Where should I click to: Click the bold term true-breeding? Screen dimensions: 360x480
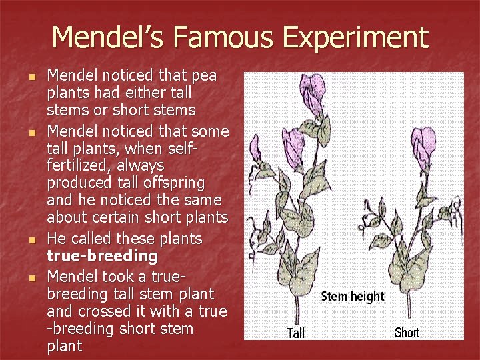[x=102, y=256]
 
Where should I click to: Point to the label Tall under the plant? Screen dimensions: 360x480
[x=295, y=333]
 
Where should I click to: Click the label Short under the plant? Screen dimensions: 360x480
[x=407, y=332]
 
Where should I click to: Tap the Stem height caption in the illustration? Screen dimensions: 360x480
[x=353, y=297]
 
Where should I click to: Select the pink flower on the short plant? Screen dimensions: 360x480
[x=423, y=142]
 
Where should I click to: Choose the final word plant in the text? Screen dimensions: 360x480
[x=65, y=346]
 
